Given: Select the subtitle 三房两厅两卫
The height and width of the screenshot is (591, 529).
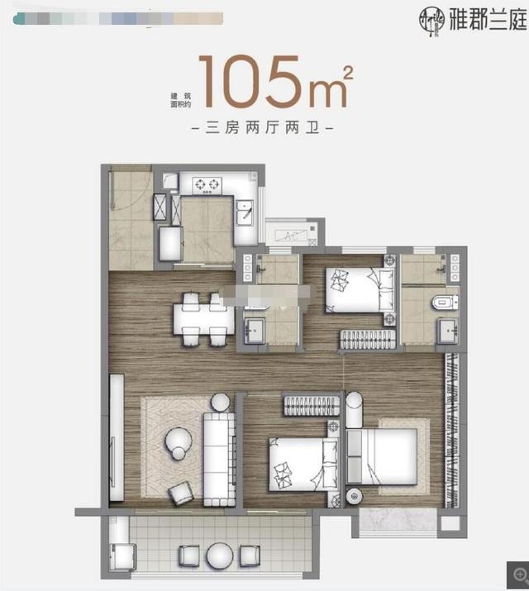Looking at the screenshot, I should (262, 129).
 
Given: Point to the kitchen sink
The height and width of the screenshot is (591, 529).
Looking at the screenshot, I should (245, 214).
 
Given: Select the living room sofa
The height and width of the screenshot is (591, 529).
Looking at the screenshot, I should (220, 449).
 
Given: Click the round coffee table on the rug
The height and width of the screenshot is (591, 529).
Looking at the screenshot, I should (178, 441).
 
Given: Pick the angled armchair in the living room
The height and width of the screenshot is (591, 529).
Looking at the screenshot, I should (181, 493).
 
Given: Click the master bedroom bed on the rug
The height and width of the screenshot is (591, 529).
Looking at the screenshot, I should (382, 455).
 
